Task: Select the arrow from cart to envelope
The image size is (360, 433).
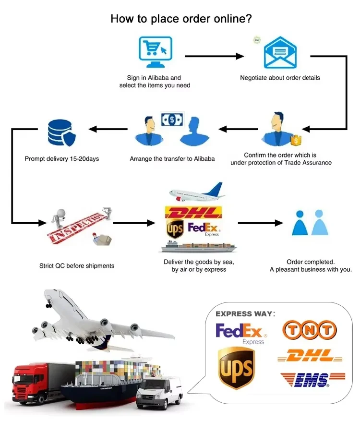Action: coord(215,56)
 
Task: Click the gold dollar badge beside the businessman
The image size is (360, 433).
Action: coord(297,140)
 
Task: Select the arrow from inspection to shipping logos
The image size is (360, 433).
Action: coord(135,223)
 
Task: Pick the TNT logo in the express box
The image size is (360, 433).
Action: coord(309,330)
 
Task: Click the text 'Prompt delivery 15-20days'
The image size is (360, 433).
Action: coord(62,158)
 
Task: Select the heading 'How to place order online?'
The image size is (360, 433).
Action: coord(181,19)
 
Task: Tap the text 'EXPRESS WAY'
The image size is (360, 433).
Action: coord(244,314)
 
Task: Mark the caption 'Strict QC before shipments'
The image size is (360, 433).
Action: coord(77,265)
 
